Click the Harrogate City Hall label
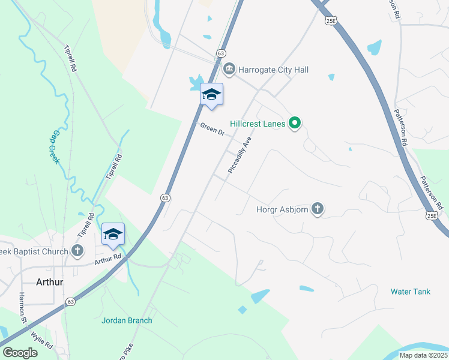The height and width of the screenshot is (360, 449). click(x=273, y=70)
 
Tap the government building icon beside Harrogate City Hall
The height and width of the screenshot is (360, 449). click(x=231, y=70)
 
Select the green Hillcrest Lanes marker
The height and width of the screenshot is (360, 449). click(x=294, y=124)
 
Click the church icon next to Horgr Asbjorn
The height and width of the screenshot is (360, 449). click(x=317, y=209)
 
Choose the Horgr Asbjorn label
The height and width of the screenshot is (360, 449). click(x=281, y=209)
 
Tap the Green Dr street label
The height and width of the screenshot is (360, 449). click(x=211, y=128)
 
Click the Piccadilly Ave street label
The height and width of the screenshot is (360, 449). click(x=240, y=155)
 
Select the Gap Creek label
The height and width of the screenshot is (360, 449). click(x=57, y=147)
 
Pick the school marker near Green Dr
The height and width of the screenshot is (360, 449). click(x=211, y=95)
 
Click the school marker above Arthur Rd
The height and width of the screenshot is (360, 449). click(x=113, y=235)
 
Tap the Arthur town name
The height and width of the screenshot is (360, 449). click(x=50, y=281)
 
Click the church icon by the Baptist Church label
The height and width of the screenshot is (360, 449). click(x=77, y=251)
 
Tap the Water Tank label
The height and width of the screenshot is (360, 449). click(x=411, y=292)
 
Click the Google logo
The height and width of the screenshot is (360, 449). click(x=20, y=353)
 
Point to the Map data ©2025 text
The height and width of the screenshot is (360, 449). click(x=423, y=355)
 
